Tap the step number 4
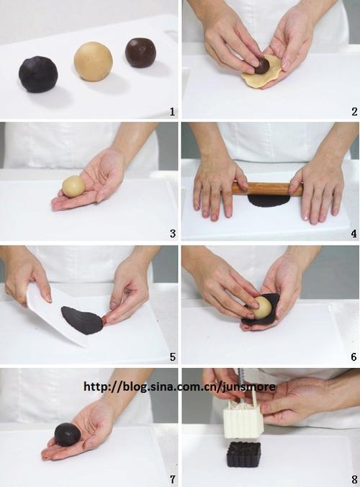pos(354,233)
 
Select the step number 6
pos(354,357)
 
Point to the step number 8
pos(354,479)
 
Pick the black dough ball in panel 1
pos(38,74)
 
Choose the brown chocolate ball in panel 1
pos(140,53)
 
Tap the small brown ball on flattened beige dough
pos(262,66)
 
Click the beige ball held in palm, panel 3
pos(73,187)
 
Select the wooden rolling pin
pos(268,189)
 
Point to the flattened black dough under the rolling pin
pos(269,201)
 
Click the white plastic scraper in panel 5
pos(54,313)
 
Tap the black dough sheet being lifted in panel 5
pos(82,320)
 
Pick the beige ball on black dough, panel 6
pos(261,307)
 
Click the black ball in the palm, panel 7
pos(68,434)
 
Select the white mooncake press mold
pos(243,419)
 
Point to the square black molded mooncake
pos(243,455)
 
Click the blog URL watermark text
pos(180,387)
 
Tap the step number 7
pos(173,479)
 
